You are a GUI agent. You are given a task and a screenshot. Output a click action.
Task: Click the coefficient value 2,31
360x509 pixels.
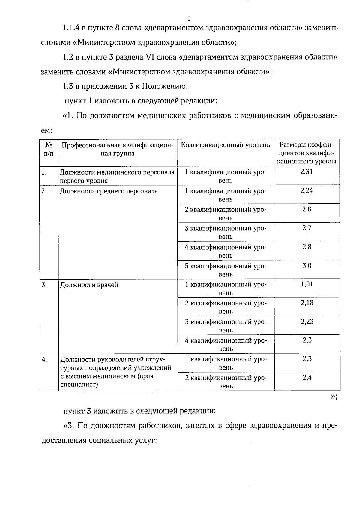pos(307,172)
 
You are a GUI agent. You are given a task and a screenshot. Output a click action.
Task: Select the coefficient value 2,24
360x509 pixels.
pos(307,191)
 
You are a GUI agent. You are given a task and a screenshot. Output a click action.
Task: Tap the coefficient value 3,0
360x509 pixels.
pos(307,265)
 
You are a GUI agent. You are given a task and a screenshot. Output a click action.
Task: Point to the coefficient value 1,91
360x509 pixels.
pos(307,284)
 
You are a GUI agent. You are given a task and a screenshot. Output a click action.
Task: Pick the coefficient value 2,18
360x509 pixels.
pos(307,303)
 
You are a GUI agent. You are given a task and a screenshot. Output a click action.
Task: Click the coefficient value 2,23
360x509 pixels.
pos(307,322)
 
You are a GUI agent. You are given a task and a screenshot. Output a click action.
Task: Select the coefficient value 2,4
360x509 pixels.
pos(307,377)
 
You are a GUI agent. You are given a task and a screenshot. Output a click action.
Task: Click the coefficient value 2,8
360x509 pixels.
pos(307,247)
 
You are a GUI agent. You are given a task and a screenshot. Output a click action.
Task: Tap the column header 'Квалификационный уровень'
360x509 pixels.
pos(226,145)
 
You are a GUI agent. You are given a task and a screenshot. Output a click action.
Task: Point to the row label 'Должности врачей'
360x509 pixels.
pos(89,285)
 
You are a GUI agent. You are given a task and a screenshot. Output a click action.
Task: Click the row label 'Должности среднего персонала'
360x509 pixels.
pos(109,191)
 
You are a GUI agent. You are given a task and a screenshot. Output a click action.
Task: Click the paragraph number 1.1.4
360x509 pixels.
pos(71,28)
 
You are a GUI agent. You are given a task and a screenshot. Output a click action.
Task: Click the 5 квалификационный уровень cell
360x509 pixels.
pos(226,270)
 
